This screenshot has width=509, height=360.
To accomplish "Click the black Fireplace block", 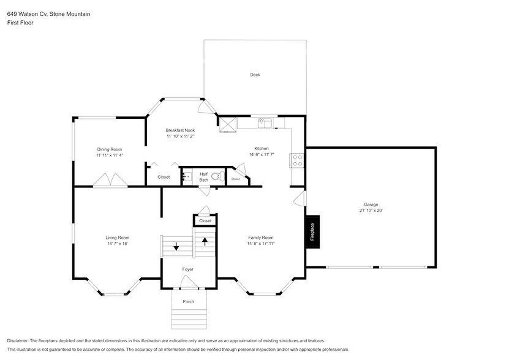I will click(x=312, y=231).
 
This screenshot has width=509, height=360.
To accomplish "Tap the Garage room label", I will click(x=371, y=204).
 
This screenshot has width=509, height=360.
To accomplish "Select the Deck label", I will click(x=255, y=75).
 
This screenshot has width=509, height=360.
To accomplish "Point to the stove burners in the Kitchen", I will click(x=298, y=160).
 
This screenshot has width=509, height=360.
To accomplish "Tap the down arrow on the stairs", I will click(x=176, y=247).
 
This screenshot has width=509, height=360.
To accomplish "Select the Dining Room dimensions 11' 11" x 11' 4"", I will click(x=110, y=156).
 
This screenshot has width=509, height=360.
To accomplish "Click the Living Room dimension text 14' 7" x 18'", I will click(x=116, y=244).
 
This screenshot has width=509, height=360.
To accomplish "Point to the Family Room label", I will click(x=260, y=238).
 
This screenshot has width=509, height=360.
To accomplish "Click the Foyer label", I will click(x=188, y=269).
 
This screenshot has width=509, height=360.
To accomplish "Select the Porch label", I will click(x=188, y=301).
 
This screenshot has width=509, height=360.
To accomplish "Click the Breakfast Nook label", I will click(x=181, y=130).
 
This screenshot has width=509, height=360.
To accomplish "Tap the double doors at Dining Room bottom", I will click(x=110, y=180).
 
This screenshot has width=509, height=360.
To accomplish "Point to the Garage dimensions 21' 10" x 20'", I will click(x=371, y=211).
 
